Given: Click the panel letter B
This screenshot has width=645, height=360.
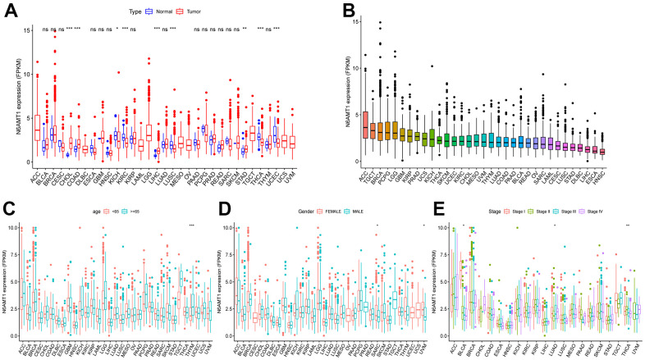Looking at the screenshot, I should pyautogui.click(x=326, y=10).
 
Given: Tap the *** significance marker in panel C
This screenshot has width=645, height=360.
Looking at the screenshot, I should pyautogui.click(x=191, y=226).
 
